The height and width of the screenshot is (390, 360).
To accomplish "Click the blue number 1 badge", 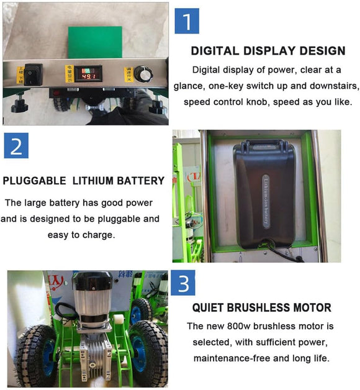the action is click(187, 21).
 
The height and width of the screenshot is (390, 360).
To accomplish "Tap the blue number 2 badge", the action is click(16, 145).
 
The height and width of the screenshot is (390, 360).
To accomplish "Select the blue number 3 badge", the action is click(183, 283).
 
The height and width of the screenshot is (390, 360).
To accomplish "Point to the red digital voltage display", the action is click(89, 74).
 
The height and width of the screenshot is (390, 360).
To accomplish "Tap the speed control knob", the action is click(143, 74).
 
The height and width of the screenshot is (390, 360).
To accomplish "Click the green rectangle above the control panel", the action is click(95, 42).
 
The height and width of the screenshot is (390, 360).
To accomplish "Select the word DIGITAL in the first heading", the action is click(215, 51).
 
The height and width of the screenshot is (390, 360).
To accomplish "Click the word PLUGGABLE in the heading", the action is click(35, 181).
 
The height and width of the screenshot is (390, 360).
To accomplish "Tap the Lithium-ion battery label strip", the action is click(266, 201).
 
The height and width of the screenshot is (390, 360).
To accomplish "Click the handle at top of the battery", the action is click(264, 143).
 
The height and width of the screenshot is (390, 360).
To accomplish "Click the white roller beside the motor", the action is click(119, 320).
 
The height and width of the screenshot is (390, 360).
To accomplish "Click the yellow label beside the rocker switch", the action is click(20, 75).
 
